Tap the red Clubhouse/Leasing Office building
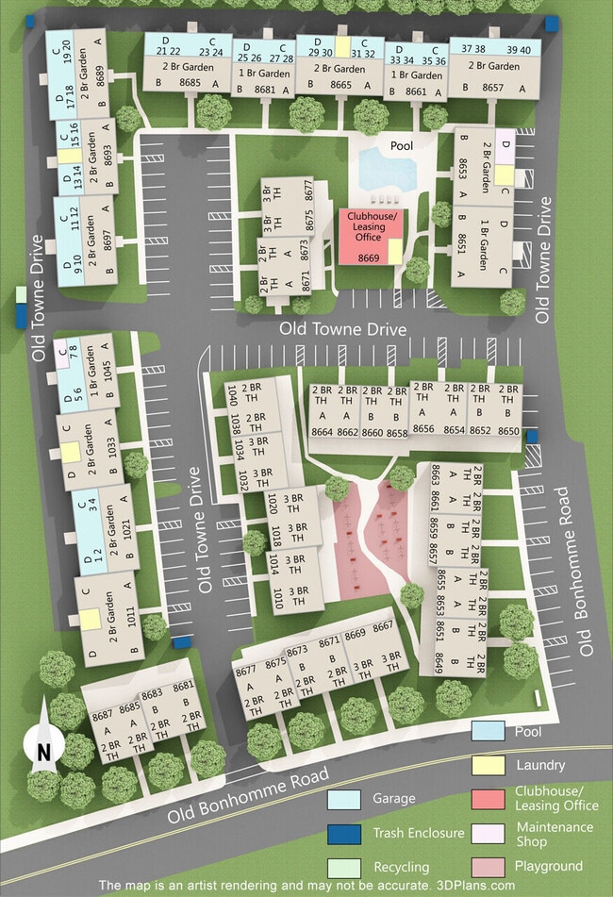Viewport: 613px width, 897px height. tap(369, 236)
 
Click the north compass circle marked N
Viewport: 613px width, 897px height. tap(43, 751)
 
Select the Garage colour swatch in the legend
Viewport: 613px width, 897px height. tap(343, 799)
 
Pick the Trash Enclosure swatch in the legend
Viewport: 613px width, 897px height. tap(343, 833)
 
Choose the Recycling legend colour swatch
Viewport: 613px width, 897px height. tap(343, 867)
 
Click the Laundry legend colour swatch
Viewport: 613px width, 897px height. tap(487, 765)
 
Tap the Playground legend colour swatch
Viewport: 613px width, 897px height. tap(487, 866)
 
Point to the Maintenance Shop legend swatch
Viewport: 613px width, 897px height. tap(487, 833)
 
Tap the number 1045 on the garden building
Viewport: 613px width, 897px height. tap(108, 372)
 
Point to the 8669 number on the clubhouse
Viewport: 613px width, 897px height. tap(369, 257)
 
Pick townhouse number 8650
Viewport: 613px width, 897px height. tap(508, 431)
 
